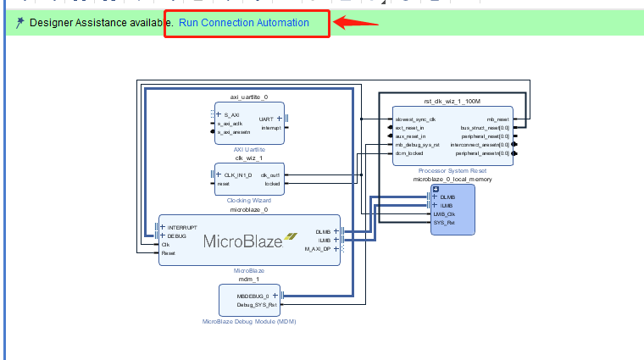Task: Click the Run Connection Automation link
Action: click(243, 22)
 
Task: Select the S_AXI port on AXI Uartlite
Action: click(231, 114)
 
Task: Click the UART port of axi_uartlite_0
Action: click(265, 119)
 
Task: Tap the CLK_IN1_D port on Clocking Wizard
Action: click(237, 174)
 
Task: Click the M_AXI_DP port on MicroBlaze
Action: click(319, 249)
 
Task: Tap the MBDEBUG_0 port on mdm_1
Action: click(256, 296)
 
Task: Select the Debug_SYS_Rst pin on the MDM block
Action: click(256, 304)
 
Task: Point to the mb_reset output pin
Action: click(497, 119)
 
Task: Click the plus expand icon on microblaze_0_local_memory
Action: click(436, 188)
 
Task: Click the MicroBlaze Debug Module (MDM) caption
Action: click(249, 322)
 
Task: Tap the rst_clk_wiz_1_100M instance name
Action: click(451, 102)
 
